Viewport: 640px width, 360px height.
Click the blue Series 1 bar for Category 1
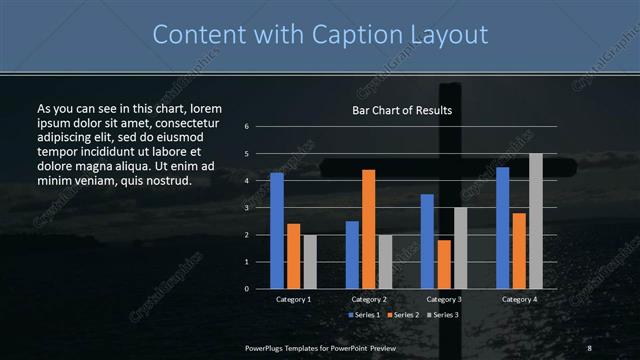coord(276,231)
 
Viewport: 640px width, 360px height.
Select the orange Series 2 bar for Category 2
coord(368,229)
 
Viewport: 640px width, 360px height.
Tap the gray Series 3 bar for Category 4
coord(535,221)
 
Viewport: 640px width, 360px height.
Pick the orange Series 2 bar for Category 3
coord(443,264)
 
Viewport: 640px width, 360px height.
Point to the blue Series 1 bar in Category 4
coord(502,228)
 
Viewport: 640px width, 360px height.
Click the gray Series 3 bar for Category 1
coord(310,262)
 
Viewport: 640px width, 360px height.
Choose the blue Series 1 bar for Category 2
coord(352,255)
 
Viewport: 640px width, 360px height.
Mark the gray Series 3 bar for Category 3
coord(460,248)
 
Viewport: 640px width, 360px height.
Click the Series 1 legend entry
coord(364,315)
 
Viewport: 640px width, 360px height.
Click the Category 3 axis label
coord(443,299)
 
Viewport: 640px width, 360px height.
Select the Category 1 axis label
coord(293,299)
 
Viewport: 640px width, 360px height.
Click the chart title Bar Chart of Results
coord(402,110)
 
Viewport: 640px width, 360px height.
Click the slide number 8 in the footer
coord(589,346)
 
